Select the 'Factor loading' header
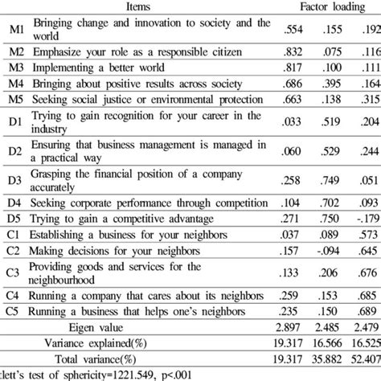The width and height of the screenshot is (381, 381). pyautogui.click(x=329, y=6)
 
